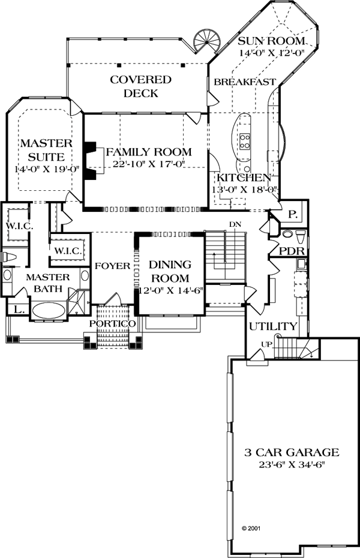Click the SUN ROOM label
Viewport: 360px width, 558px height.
271,41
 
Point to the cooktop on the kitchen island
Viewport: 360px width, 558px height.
245,141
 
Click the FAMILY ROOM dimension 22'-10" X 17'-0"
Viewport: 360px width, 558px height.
149,164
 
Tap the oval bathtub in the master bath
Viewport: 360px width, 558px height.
49,311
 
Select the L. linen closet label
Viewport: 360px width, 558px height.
19,309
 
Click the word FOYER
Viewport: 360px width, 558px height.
112,266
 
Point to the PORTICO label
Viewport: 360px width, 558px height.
112,323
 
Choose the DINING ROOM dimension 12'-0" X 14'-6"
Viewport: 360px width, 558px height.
168,290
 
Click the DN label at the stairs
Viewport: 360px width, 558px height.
235,224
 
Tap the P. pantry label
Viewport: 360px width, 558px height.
292,215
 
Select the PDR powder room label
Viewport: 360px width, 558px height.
292,251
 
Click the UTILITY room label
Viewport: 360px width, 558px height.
273,326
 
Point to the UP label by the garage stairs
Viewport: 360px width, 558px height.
266,344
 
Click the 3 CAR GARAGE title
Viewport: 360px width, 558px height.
292,452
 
